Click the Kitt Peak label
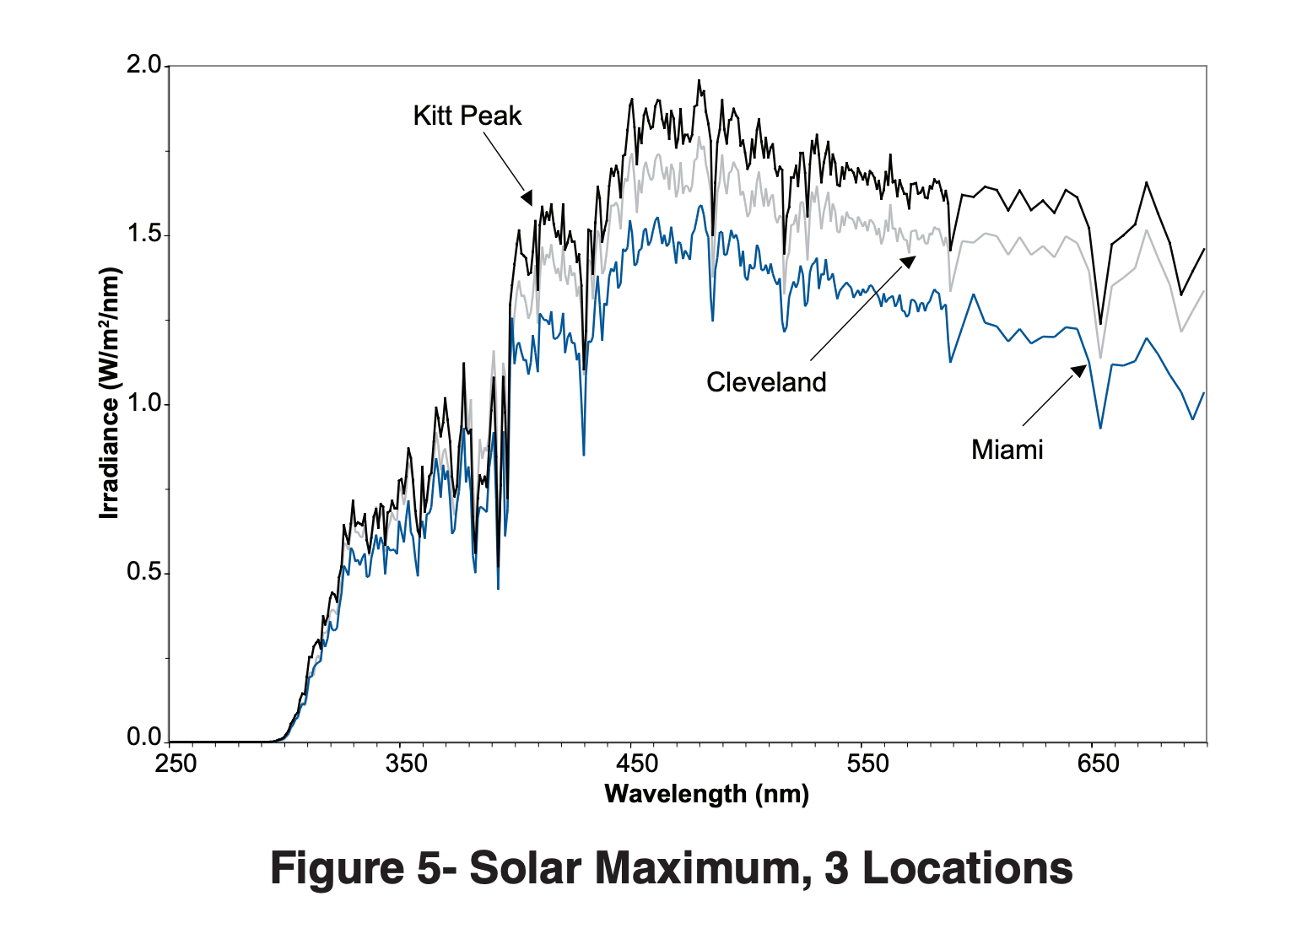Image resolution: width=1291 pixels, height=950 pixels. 467,116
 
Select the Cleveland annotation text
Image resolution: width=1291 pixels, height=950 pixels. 766,382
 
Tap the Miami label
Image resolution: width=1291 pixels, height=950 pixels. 1007,450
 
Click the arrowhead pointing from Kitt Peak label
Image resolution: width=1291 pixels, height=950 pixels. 527,198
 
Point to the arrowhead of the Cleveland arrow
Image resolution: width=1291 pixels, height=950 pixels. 909,261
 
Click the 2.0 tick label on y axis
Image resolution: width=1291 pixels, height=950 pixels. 143,65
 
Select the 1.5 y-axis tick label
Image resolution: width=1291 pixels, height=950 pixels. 143,234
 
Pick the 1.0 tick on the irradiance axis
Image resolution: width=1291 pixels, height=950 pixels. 143,403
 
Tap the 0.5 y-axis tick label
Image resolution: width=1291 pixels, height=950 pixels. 143,572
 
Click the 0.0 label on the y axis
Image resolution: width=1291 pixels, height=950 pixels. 143,738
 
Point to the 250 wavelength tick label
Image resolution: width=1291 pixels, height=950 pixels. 176,764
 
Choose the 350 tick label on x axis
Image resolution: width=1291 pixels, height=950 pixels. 406,764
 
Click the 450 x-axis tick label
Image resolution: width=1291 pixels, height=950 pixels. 637,764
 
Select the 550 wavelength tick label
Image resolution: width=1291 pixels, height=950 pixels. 867,764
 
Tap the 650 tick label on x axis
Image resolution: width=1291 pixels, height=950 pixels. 1098,764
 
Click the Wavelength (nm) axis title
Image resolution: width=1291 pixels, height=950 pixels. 706,794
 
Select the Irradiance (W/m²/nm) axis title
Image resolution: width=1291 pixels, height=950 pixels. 110,393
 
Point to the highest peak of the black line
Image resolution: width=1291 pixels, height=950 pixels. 699,81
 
